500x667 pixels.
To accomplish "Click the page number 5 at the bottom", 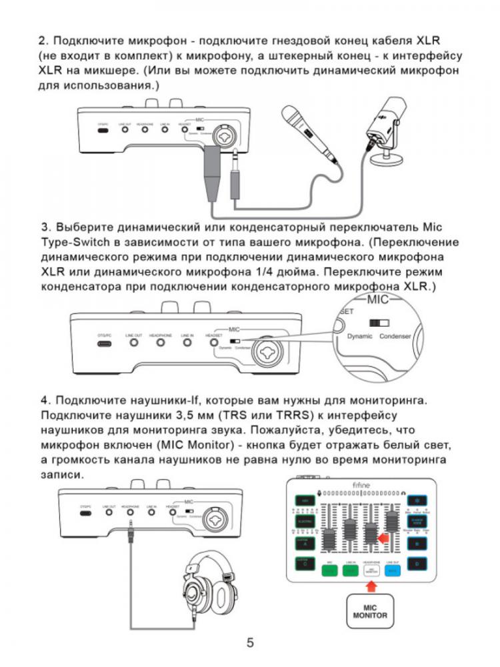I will click(250, 643).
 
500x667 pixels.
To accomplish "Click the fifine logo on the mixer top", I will click(361, 488).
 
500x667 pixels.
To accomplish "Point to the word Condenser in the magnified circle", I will click(395, 336).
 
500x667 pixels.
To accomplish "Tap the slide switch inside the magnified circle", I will click(379, 322).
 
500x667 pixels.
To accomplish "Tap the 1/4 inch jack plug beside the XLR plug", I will click(235, 177).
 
